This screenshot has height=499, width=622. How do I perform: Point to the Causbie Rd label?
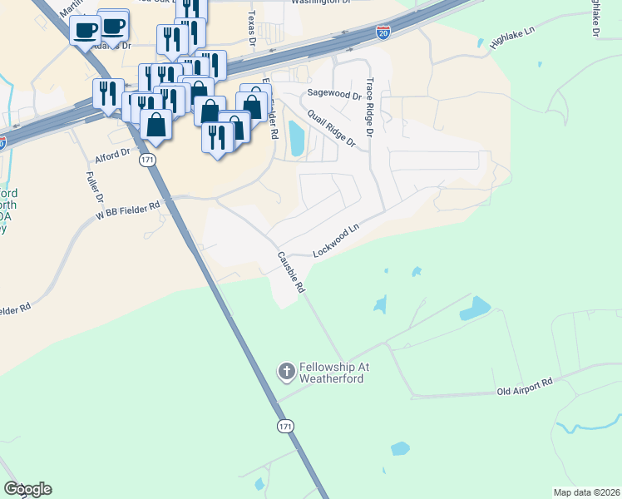pyautogui.click(x=292, y=271)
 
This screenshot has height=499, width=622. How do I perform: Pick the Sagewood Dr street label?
pyautogui.click(x=334, y=95)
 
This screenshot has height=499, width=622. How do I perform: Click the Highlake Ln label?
pyautogui.click(x=515, y=39)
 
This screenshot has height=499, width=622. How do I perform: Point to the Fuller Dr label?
pyautogui.click(x=94, y=188)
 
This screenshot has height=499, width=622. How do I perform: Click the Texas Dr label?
pyautogui.click(x=251, y=27)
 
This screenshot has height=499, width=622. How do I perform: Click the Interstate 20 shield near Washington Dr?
pyautogui.click(x=383, y=32)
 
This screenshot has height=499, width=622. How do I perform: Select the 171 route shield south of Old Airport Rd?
pyautogui.click(x=285, y=426)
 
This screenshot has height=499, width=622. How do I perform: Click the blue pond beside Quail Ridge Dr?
pyautogui.click(x=296, y=139)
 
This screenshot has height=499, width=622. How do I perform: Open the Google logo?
pyautogui.click(x=27, y=489)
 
